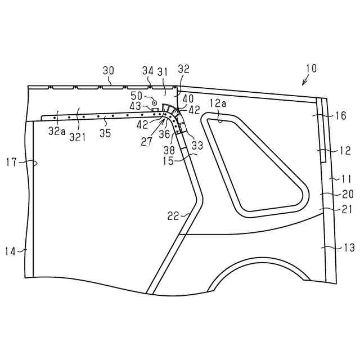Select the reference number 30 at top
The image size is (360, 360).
tap(109, 70)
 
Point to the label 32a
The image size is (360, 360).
tap(56, 131)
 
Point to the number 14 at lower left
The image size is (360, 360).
tap(11, 250)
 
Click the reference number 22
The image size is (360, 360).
tap(173, 215)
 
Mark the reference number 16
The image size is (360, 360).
tap(340, 116)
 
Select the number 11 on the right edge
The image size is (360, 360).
tap(346, 179)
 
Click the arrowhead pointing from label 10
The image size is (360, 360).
tap(304, 84)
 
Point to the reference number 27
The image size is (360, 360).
tap(147, 142)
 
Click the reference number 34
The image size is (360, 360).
tap(148, 70)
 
